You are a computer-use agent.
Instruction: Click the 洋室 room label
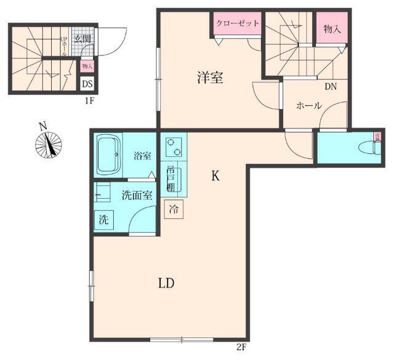click(210, 78)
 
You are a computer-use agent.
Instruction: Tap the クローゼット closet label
click(236, 23)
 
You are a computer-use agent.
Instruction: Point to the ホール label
click(308, 105)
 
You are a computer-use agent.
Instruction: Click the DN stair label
click(330, 87)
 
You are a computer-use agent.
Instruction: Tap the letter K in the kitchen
click(215, 176)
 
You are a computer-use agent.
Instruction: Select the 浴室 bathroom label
click(142, 156)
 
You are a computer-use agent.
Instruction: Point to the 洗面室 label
click(137, 196)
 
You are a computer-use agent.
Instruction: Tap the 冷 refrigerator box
click(174, 209)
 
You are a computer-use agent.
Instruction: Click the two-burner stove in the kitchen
click(174, 146)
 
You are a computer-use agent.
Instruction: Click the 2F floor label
click(241, 347)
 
